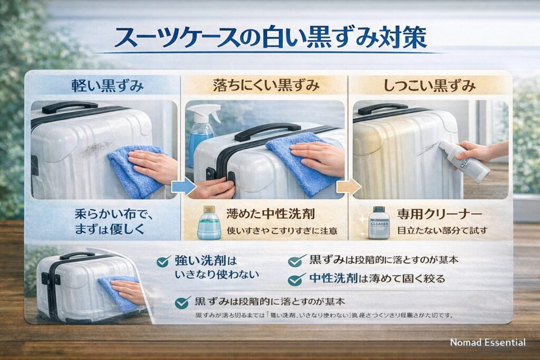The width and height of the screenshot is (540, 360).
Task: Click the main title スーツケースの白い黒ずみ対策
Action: click(x=270, y=38)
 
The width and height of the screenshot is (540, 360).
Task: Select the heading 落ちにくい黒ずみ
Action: click(x=265, y=86)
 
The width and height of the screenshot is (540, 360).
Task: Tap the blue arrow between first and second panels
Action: click(x=181, y=186)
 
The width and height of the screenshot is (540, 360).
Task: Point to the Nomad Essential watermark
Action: click(x=487, y=343)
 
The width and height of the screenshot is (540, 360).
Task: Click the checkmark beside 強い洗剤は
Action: click(x=165, y=261)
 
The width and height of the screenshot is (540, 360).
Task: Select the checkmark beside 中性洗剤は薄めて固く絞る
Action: click(x=298, y=278)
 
